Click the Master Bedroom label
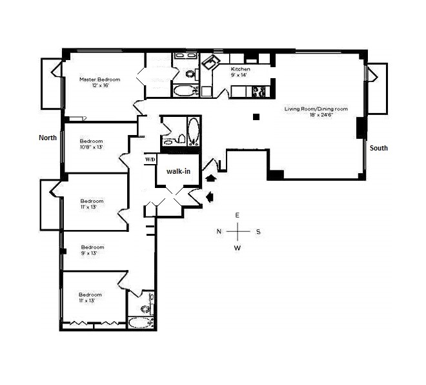coord(99,82)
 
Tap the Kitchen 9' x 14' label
coord(239,71)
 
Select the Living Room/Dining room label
coord(316,112)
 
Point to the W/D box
coord(150,159)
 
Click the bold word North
coord(48,138)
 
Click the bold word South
coord(379,148)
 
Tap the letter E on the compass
coord(237,215)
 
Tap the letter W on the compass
coord(237,247)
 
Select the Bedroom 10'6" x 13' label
coord(91,144)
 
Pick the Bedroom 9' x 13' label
coord(92,250)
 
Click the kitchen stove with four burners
coord(259,91)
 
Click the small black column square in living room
coord(256,117)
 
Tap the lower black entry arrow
coord(209,196)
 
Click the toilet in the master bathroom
coord(190,73)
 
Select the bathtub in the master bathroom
coord(186,90)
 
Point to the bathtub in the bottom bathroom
coord(140,323)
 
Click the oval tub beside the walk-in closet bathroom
coord(193,130)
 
